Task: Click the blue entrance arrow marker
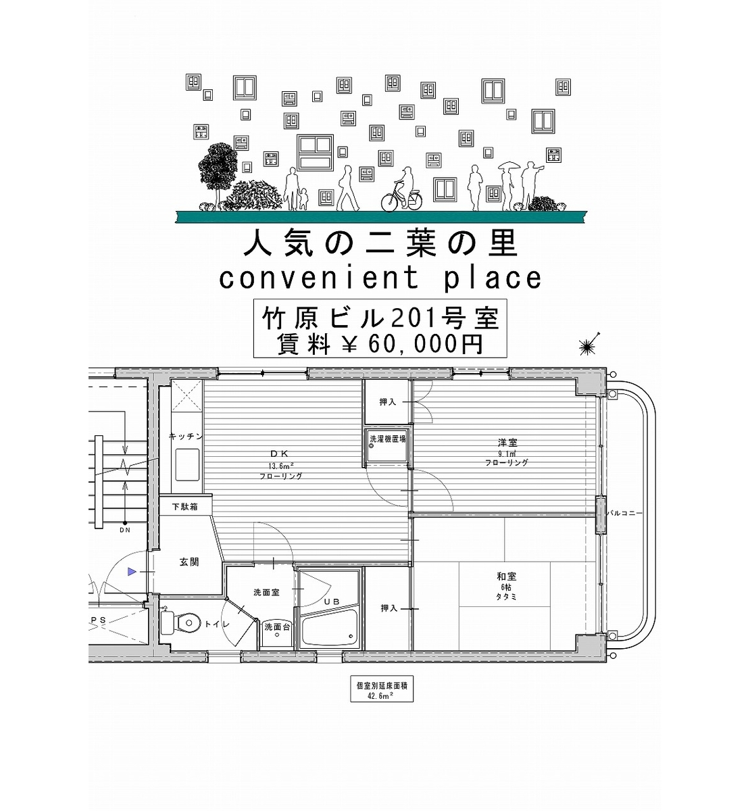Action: (x=132, y=572)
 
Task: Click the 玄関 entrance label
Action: (x=189, y=562)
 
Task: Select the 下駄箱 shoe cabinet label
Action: (x=185, y=507)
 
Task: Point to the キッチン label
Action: (x=186, y=437)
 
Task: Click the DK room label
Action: (x=280, y=453)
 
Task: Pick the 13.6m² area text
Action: (x=281, y=466)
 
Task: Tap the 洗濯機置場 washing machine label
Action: (x=387, y=439)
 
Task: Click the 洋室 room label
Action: (x=507, y=442)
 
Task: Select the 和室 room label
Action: (x=507, y=576)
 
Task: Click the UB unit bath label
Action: (x=332, y=601)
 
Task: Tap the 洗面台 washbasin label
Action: (x=277, y=626)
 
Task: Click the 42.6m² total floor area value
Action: (x=382, y=696)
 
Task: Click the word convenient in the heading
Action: (x=320, y=278)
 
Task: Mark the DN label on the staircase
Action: (x=125, y=531)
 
